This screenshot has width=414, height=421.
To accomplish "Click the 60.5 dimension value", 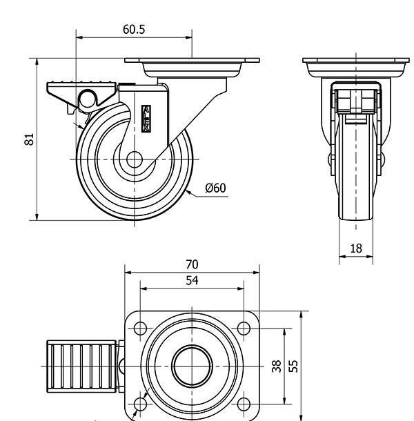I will tap(134, 30).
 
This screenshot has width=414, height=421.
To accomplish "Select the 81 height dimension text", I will tap(29, 139).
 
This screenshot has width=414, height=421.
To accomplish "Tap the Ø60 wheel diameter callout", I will tap(216, 188).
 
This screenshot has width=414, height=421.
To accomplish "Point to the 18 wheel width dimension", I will tap(356, 248).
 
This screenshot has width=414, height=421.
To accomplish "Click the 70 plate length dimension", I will tap(192, 263).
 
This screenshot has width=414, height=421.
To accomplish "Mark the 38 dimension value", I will tap(277, 366).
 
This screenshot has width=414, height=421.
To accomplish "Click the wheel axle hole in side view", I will tap(134, 159).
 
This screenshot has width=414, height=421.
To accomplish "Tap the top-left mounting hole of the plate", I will tap(140, 328).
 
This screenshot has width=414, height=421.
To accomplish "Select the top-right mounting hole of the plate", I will tap(244, 328).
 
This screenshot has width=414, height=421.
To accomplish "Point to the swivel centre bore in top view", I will tap(192, 366).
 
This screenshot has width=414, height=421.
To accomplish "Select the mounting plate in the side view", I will tap(191, 68).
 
